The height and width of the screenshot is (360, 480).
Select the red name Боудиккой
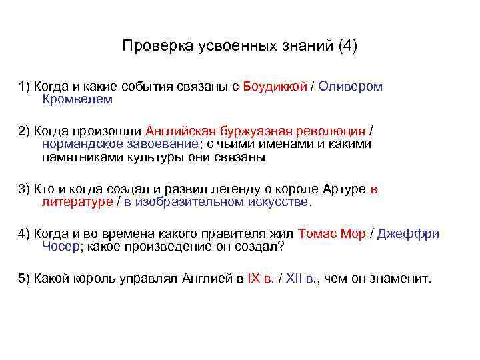pos(275,87)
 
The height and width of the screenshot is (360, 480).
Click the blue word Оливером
pos(351,87)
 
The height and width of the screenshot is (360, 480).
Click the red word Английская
pos(192,131)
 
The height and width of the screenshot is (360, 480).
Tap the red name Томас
pos(319,233)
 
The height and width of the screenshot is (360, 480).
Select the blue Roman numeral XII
pos(294,278)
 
